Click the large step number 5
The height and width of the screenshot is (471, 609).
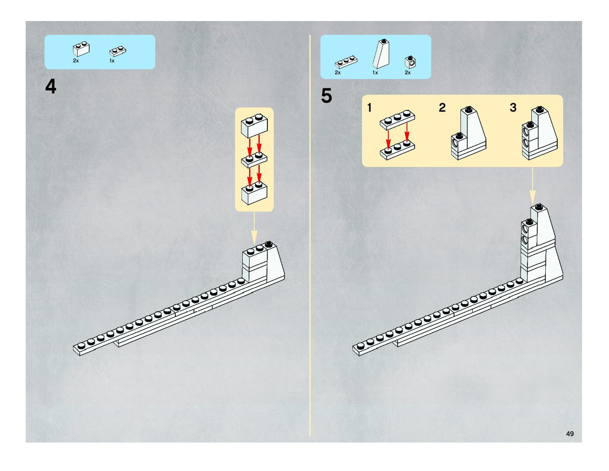[x=327, y=96]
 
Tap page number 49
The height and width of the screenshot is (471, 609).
[x=570, y=434]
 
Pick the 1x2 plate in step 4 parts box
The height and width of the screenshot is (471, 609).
[x=118, y=51]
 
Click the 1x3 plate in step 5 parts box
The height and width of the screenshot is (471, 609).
[x=346, y=62]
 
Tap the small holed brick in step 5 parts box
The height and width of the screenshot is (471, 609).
[x=410, y=62]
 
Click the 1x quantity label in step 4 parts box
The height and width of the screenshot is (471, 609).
[x=112, y=61]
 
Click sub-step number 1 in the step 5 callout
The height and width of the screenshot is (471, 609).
[x=369, y=108]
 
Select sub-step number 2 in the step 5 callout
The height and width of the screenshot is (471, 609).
[x=442, y=108]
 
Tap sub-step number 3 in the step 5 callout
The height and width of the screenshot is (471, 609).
[x=513, y=107]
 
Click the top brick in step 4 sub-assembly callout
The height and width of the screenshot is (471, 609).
[x=254, y=125]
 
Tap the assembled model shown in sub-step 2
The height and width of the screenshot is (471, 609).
[x=469, y=134]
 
